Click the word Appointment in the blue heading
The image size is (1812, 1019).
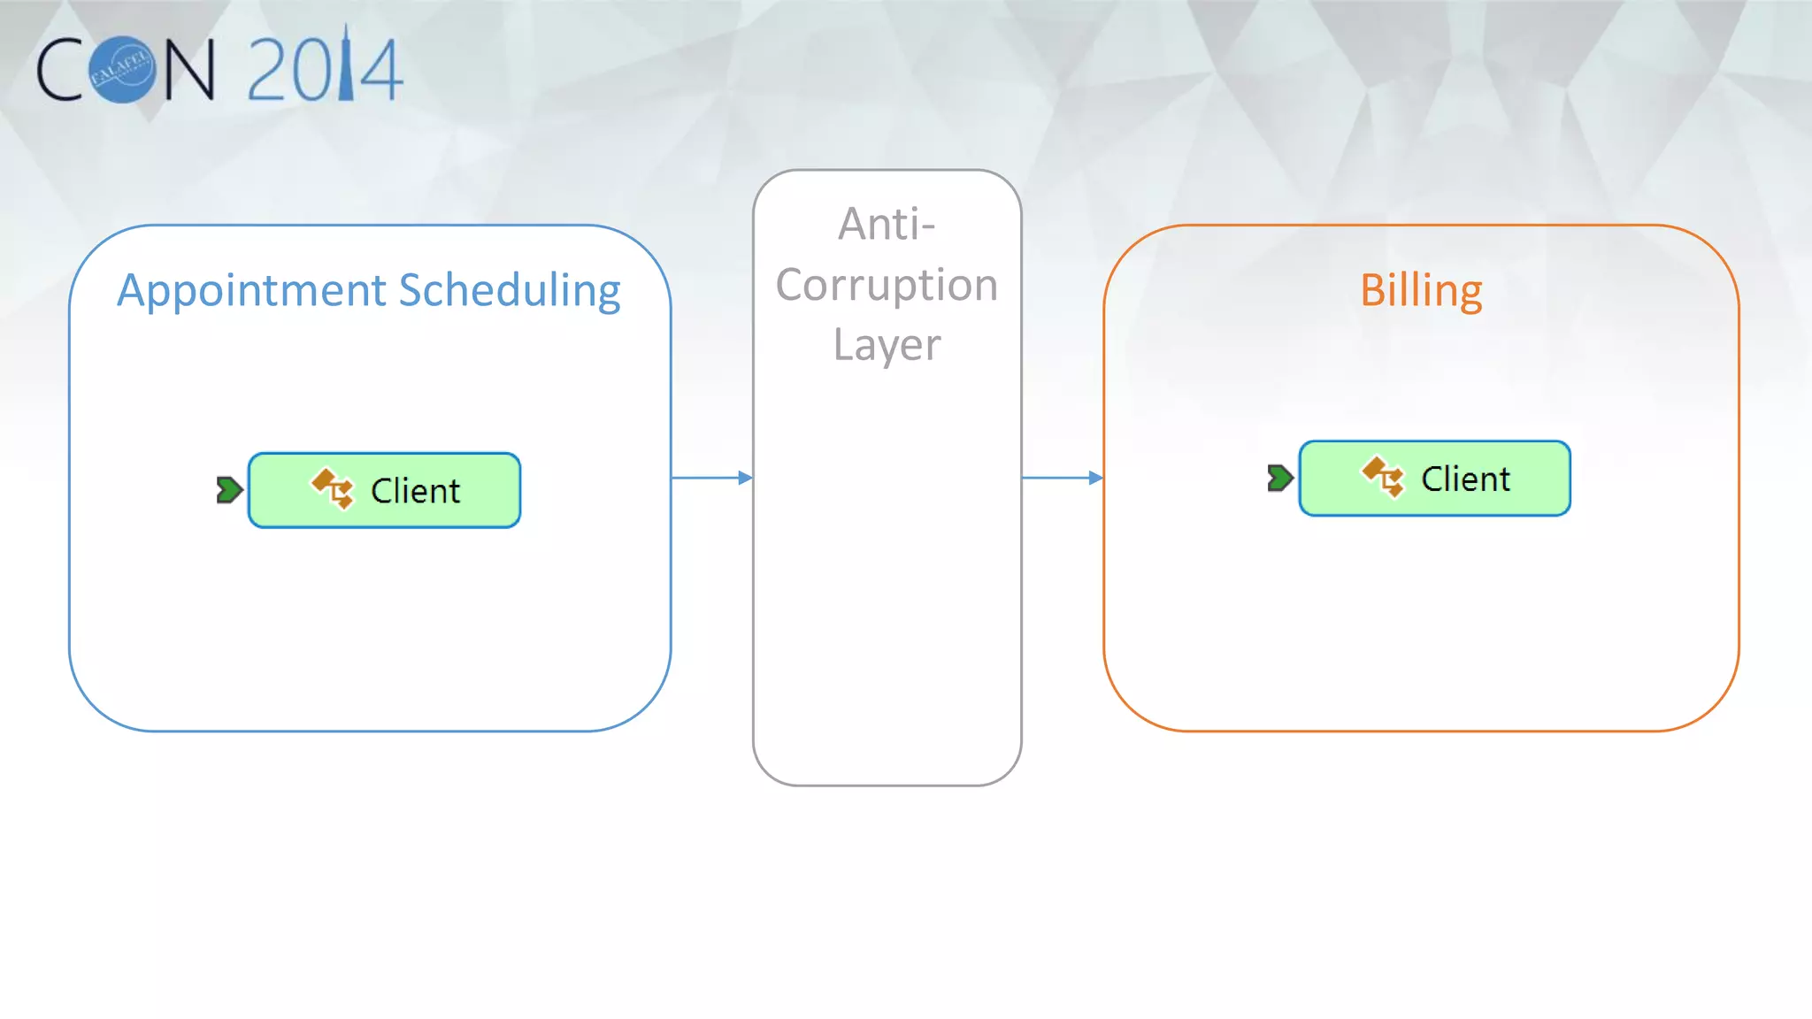point(252,291)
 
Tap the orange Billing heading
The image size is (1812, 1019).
point(1421,291)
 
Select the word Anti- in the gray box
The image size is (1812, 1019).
point(887,225)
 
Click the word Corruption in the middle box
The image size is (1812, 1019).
point(887,285)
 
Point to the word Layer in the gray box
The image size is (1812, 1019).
point(887,345)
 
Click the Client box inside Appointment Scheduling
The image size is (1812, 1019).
point(384,491)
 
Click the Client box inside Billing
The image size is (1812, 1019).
point(1434,479)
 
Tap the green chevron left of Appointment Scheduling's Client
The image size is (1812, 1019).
point(229,490)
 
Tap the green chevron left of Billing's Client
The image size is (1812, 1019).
point(1279,479)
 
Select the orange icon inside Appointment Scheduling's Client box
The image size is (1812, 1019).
point(333,488)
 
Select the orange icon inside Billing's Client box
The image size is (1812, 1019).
point(1383,477)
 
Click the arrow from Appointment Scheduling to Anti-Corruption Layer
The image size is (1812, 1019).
point(711,478)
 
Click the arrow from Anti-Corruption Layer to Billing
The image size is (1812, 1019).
point(1062,478)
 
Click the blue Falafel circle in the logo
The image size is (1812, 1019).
point(123,70)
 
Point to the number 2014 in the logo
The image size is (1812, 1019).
point(325,70)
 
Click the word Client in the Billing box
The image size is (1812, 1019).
point(1465,479)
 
